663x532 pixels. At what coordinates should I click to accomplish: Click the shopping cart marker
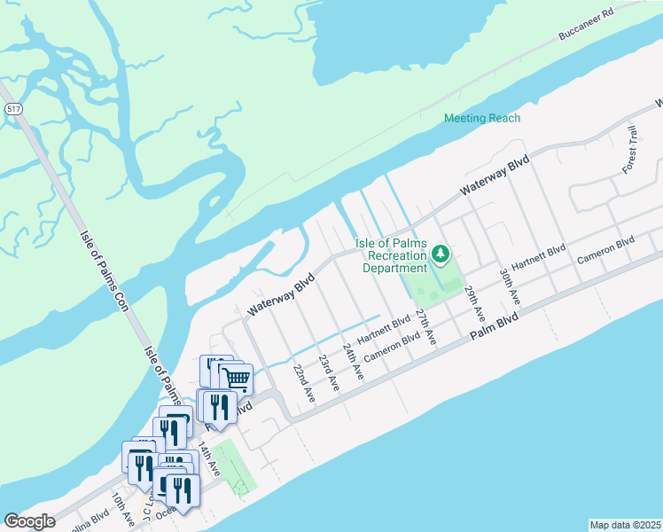tap(236, 379)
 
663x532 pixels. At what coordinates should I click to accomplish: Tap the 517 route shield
tap(12, 108)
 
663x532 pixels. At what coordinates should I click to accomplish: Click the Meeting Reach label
tap(482, 118)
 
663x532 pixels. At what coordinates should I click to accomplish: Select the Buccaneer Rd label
tap(587, 27)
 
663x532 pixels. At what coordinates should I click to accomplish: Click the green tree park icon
tap(441, 255)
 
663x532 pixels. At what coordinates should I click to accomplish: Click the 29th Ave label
tap(475, 303)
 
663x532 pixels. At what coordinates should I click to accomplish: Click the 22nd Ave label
tap(304, 383)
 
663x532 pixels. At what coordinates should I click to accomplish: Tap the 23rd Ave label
tap(329, 372)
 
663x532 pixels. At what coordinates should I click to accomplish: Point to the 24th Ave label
tap(354, 362)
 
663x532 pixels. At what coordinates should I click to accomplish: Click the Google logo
tap(29, 521)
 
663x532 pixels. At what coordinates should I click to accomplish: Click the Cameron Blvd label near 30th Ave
tap(606, 251)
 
